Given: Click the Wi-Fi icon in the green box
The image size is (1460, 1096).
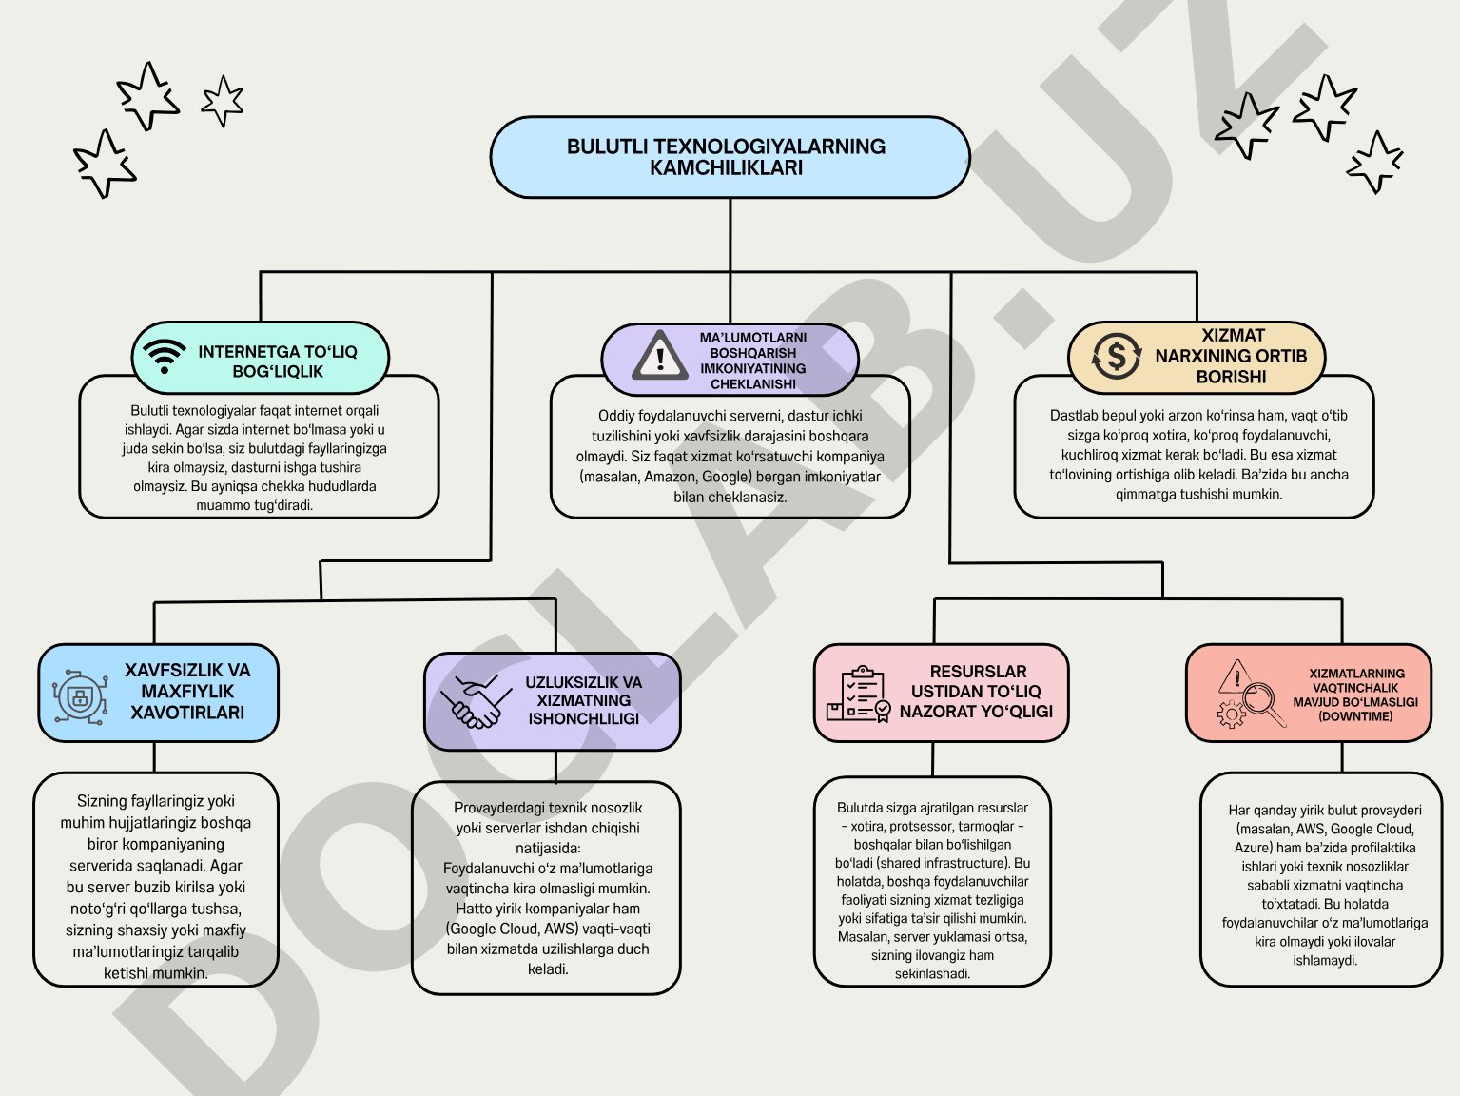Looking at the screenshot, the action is (x=164, y=357).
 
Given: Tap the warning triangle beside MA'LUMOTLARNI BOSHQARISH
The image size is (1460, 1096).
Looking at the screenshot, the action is (x=659, y=356).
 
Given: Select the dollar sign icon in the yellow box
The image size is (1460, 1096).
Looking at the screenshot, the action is (x=1116, y=357).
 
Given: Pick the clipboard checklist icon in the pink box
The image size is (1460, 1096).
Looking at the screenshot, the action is (x=858, y=694).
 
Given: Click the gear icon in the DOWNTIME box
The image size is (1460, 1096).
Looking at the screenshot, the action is (x=1231, y=714).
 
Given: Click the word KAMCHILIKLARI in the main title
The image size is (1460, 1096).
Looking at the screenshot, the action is (x=726, y=167).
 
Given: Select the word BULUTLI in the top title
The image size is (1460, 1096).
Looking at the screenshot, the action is (x=607, y=147).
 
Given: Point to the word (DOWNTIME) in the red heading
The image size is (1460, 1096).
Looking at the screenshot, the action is (x=1355, y=716).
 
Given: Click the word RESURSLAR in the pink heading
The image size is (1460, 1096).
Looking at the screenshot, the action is (x=978, y=671).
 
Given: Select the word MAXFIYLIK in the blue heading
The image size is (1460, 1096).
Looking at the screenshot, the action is (x=187, y=691).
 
